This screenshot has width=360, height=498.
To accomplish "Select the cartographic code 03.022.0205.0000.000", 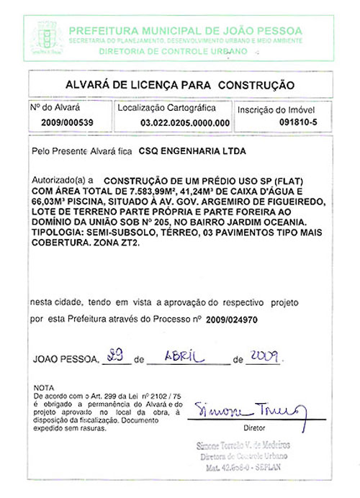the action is pyautogui.click(x=185, y=123).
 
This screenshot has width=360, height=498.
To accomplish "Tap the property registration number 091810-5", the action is pyautogui.click(x=298, y=122).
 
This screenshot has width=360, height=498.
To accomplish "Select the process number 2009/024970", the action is pyautogui.click(x=231, y=317).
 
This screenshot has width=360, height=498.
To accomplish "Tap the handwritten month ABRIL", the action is pyautogui.click(x=185, y=356).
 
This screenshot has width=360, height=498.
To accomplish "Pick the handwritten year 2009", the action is pyautogui.click(x=264, y=355).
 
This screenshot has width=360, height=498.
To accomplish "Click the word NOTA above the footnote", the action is pyautogui.click(x=44, y=388).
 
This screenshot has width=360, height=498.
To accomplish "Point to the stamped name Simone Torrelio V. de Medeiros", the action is pyautogui.click(x=243, y=446).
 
